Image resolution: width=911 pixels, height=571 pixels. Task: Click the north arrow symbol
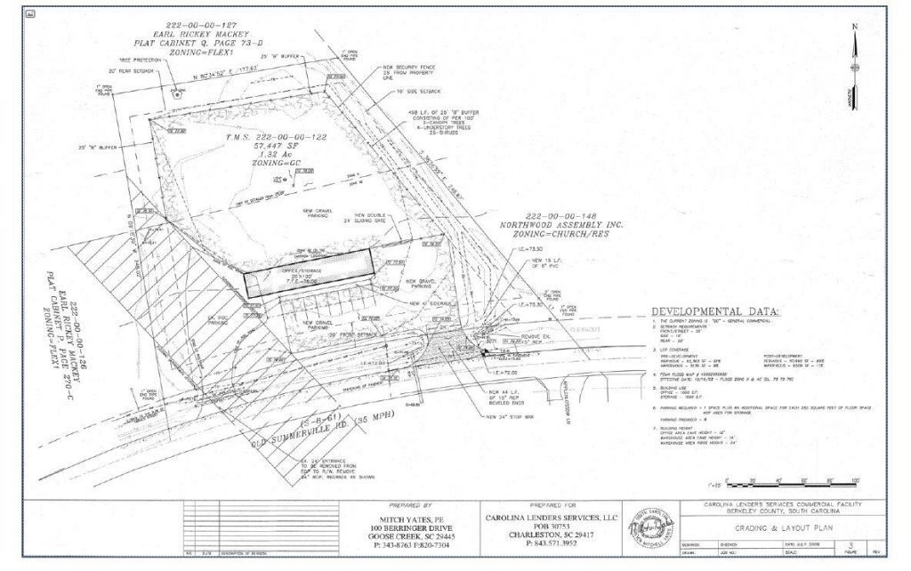[x=856, y=67]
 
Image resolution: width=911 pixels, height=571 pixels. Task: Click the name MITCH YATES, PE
[x=412, y=518]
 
